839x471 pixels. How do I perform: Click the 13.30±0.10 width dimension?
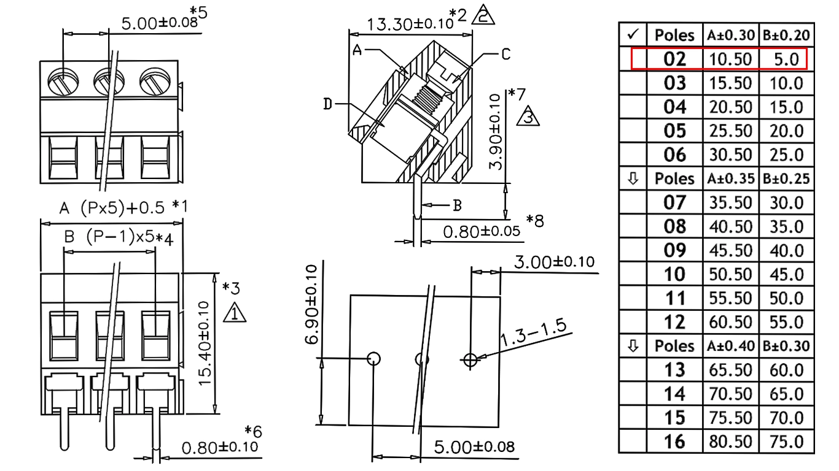coord(410,24)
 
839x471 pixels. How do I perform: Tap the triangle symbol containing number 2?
coord(483,16)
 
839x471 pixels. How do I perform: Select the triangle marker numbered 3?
coord(528,117)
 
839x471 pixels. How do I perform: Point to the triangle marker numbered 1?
coord(235,313)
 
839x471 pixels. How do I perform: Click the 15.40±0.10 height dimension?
coord(205,343)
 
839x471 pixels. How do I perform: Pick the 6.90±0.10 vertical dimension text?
coord(311,304)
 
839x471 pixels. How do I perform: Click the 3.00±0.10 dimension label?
coord(554,262)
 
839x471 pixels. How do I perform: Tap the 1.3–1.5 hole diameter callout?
coord(533,332)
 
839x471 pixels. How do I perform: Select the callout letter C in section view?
coord(505,54)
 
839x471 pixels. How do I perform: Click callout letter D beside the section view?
coord(328,104)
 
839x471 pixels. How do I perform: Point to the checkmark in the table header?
coord(633,34)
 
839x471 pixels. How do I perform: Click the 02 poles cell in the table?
coord(674,59)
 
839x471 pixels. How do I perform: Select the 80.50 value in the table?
coord(730,442)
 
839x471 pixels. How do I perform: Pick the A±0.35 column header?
coord(731,179)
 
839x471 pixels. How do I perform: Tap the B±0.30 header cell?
coord(786,346)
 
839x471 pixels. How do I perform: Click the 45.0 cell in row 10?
coord(786,275)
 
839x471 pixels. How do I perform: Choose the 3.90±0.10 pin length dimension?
coord(495,132)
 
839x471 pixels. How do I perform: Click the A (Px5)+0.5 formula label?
coord(112,208)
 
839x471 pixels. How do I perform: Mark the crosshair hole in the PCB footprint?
coord(470,360)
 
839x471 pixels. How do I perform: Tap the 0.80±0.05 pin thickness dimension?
coord(482,232)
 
